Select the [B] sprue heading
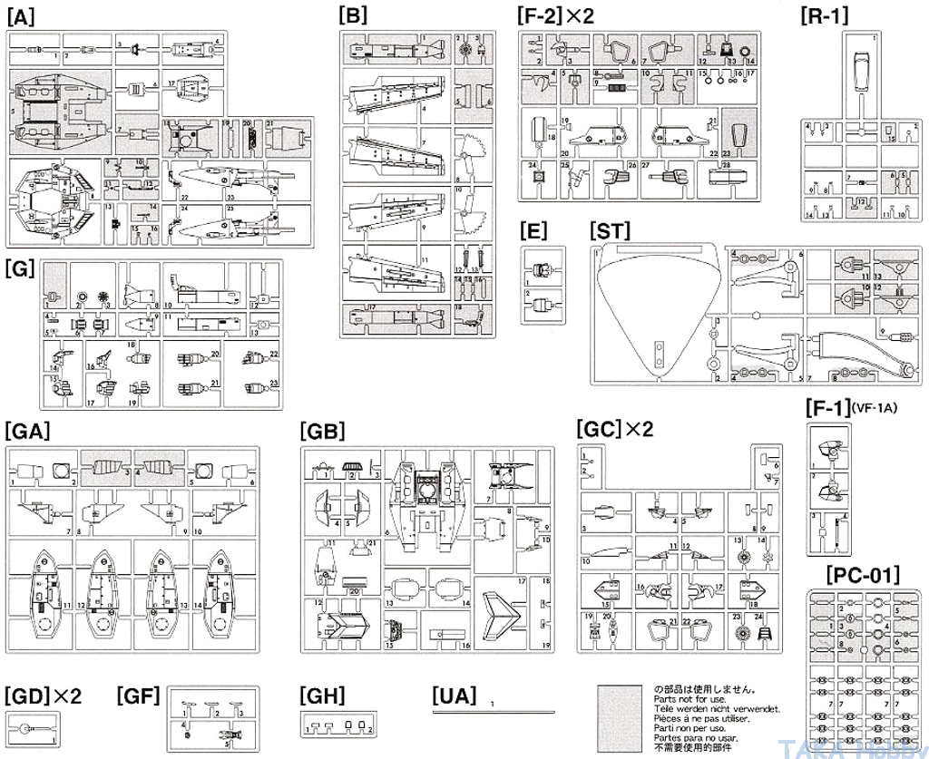[x=352, y=15]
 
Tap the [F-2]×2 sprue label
[x=554, y=15]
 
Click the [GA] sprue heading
[x=26, y=431]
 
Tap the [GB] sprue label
[x=322, y=431]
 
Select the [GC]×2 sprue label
[x=614, y=428]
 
